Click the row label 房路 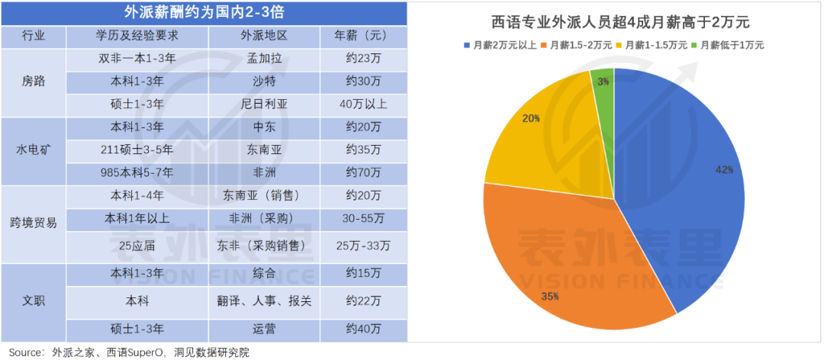(34, 82)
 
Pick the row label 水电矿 (34, 149)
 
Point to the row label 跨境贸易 (34, 222)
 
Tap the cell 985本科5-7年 (137, 172)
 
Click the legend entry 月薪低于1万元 (731, 45)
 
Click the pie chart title (615, 22)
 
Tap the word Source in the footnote (25, 352)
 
